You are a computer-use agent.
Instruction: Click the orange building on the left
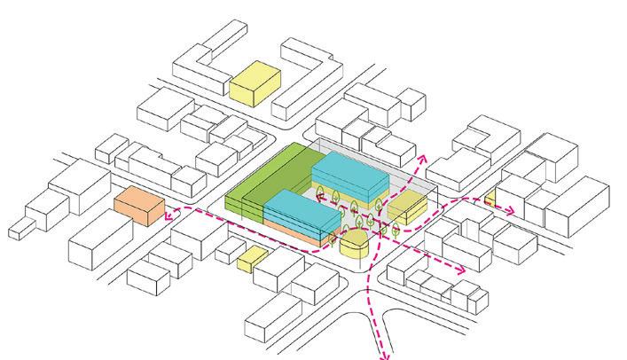point(139,207)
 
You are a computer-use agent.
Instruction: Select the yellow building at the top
point(255,81)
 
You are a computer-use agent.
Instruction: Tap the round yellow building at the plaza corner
point(353,247)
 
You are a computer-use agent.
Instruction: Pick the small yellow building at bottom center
point(252,259)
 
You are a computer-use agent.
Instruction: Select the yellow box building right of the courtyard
point(408,210)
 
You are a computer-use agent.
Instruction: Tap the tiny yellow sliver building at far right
point(489,197)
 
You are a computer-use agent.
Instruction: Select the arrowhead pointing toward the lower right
point(460,270)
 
